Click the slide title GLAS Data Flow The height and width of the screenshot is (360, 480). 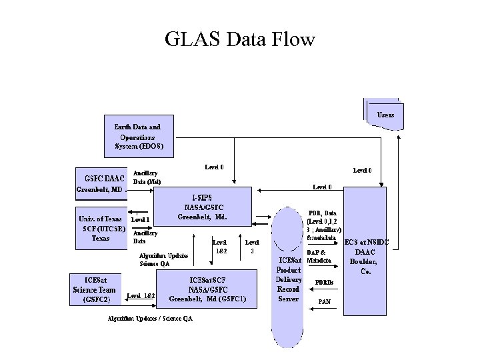point(240,40)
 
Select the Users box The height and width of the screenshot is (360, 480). point(385,115)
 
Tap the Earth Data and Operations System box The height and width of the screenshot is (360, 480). point(137,136)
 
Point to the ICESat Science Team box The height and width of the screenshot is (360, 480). point(97,290)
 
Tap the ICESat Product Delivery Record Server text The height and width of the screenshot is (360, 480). point(289,280)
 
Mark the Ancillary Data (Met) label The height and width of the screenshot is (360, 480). point(147,177)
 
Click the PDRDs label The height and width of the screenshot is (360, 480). point(325,282)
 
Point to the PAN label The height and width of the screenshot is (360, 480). point(325,302)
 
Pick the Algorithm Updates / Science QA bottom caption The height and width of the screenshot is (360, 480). point(150,318)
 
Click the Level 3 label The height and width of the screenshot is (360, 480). point(252,247)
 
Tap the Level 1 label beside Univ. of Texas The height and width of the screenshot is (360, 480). point(141,219)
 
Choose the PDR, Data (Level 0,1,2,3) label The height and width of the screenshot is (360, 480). point(322,225)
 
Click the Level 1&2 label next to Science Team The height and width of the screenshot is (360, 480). point(141,295)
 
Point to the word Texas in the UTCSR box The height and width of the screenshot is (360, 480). point(101,238)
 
